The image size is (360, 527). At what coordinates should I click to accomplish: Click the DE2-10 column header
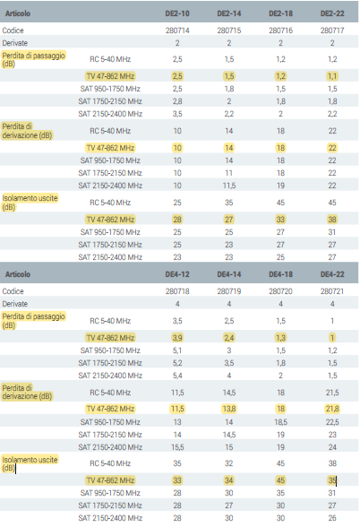coord(177,13)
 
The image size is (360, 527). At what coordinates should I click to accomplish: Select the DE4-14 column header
coord(228,274)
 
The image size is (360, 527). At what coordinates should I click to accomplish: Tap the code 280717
coord(332,30)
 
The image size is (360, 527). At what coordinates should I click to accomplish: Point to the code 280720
coord(280,291)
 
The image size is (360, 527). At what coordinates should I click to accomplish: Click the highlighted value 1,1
coord(332,76)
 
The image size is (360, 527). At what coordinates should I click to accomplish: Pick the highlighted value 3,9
coord(177,338)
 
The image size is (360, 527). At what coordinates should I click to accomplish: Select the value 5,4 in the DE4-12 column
coord(177,376)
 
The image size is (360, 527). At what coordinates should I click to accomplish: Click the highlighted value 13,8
coord(228,409)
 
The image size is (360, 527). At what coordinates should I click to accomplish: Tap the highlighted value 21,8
coord(332,409)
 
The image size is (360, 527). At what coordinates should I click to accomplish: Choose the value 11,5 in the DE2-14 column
coord(228,186)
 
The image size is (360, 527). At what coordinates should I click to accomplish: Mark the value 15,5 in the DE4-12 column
coord(177,447)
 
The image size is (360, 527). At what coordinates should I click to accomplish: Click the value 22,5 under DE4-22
coord(332,422)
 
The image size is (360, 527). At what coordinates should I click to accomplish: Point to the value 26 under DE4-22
coord(332,518)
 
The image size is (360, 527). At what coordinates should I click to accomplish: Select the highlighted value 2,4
coord(228,338)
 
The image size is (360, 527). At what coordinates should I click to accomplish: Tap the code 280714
coord(177,30)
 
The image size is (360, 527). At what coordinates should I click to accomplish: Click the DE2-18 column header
coord(280,13)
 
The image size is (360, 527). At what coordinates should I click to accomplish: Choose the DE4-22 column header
coord(332,274)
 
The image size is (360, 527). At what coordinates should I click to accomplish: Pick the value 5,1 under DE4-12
coord(177,350)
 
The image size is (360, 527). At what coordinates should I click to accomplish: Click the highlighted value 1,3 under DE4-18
coord(280,338)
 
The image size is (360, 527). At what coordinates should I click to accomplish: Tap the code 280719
coord(228,291)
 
